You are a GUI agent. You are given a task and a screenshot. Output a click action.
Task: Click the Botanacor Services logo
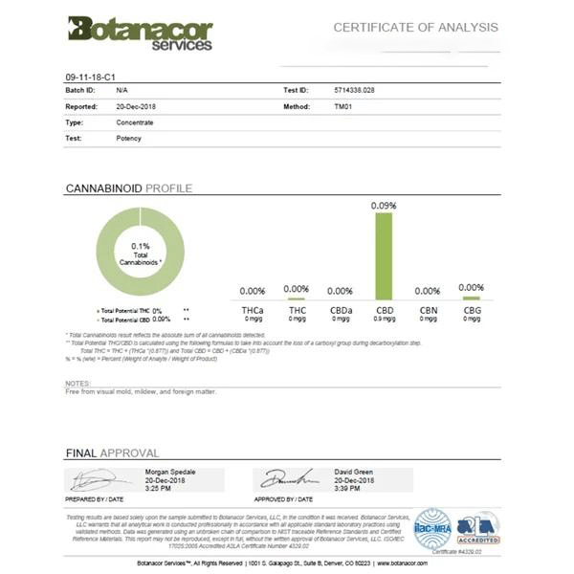tap(140, 33)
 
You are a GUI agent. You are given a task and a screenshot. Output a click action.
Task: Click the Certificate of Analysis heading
tap(415, 27)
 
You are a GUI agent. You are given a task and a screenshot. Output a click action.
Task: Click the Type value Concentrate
tap(136, 121)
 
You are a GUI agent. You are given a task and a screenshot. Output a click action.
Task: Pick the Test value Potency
tap(128, 138)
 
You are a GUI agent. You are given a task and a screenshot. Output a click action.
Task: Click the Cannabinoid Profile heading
tap(128, 188)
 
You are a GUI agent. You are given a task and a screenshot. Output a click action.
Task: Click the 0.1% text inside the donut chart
tap(141, 246)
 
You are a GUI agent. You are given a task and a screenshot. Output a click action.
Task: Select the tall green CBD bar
tap(384, 255)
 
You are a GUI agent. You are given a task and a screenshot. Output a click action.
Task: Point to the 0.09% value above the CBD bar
tap(384, 206)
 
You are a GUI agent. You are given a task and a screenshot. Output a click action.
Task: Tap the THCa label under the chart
tap(253, 310)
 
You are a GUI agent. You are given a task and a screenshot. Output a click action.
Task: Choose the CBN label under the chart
tap(427, 310)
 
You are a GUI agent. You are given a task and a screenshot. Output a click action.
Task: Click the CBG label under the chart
tap(472, 310)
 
